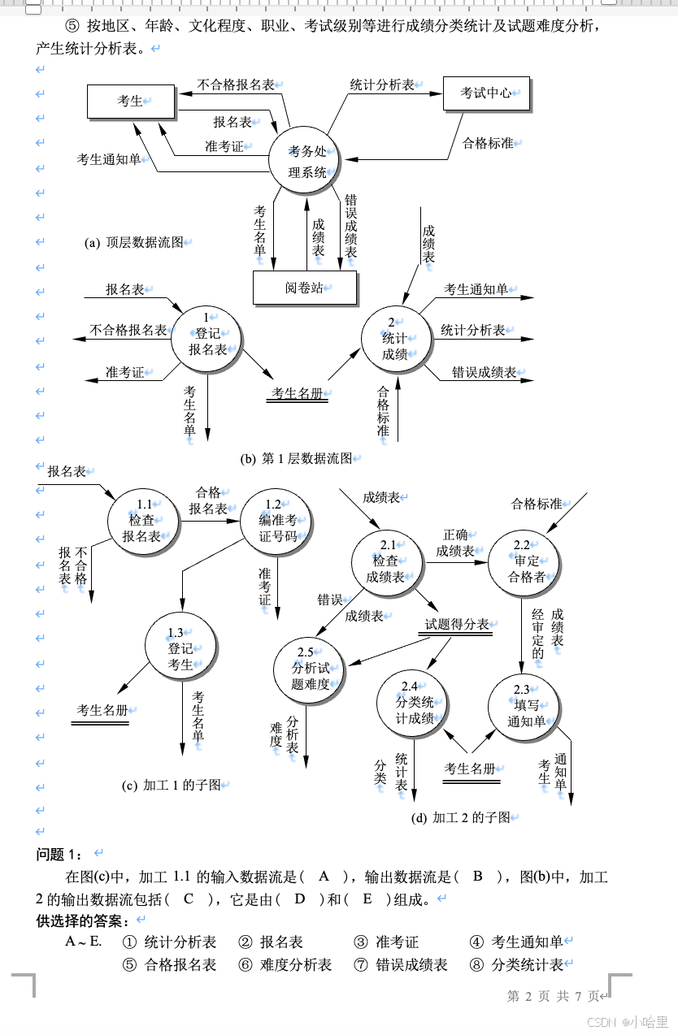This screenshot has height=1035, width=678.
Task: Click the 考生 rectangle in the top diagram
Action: pos(131,101)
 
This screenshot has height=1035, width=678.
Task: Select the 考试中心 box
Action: pos(486,93)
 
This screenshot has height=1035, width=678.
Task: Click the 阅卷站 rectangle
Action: pos(304,288)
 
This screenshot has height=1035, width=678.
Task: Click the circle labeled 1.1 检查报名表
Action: pos(144,522)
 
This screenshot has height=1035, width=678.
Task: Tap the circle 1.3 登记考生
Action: pos(180,647)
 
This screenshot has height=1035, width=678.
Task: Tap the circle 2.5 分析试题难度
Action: pos(311,669)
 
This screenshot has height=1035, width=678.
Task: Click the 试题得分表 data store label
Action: pos(457,624)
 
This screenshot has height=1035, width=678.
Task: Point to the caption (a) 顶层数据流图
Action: pos(135,242)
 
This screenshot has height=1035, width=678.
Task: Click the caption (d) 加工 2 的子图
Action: pos(461,817)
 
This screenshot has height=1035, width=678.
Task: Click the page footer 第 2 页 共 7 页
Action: pos(553,995)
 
